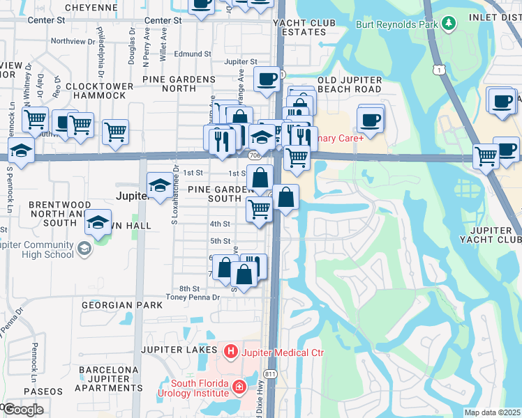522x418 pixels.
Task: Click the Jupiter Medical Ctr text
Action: [x=283, y=353]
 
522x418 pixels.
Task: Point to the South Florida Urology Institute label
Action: [x=200, y=391]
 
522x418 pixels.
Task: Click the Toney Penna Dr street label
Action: [x=192, y=297]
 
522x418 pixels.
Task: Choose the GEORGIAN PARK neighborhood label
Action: [x=121, y=305]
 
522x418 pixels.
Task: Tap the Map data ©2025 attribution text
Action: [x=492, y=412]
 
